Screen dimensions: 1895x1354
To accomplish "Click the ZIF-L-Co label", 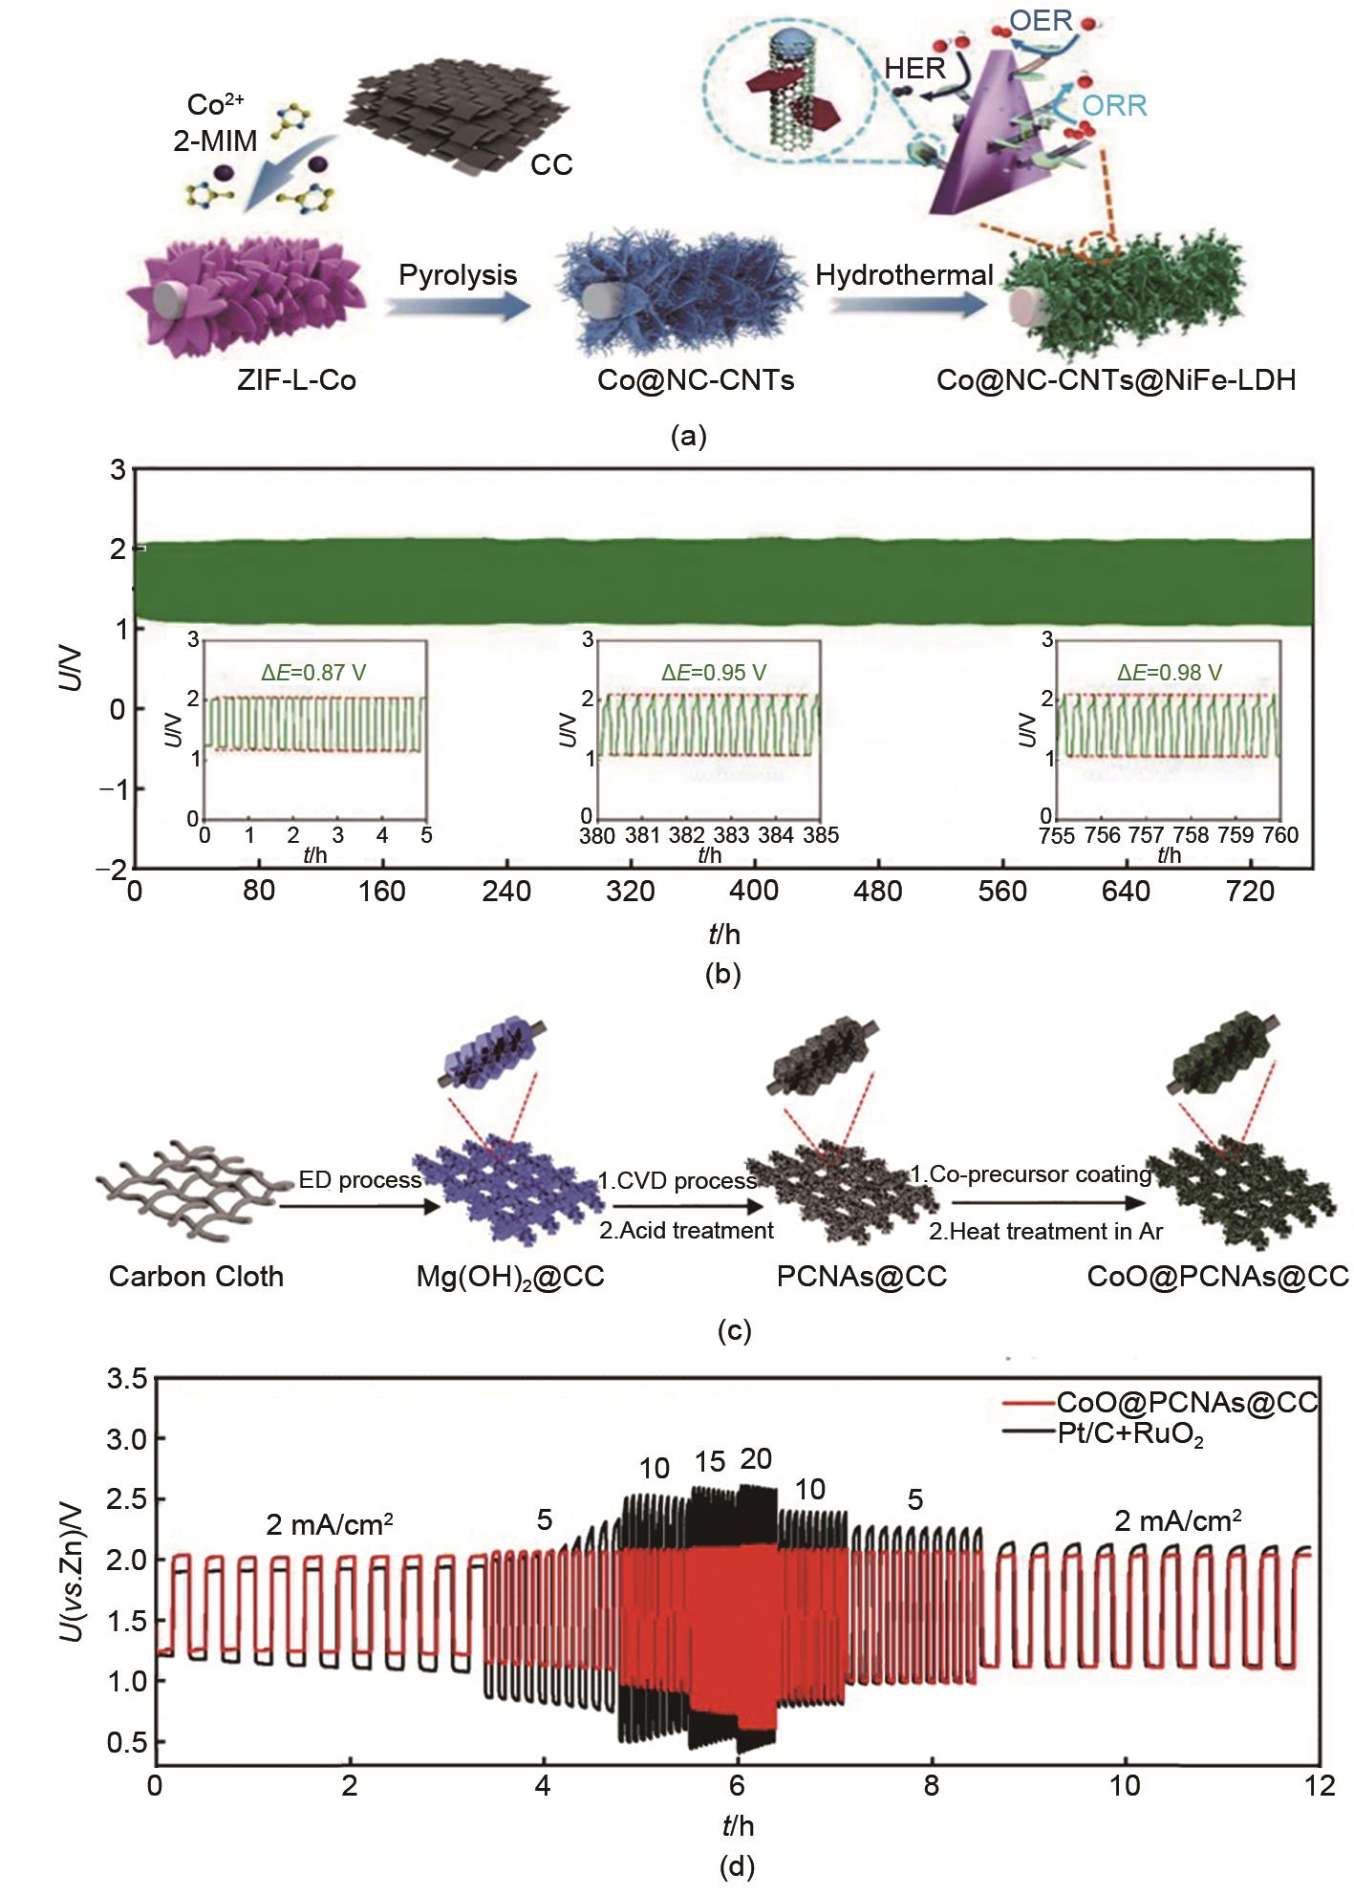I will click(x=296, y=380).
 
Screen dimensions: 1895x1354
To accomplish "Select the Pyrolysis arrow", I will click(x=457, y=306).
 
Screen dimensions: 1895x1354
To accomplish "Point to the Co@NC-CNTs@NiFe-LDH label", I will click(x=1115, y=380).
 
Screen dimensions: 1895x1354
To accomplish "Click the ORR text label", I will click(x=1114, y=105).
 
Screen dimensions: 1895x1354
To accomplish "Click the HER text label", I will click(x=914, y=68).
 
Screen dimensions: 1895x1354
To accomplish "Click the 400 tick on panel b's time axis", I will click(x=754, y=892).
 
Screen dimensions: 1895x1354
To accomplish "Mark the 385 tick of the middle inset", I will click(x=820, y=835).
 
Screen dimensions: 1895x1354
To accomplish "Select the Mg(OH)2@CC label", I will click(x=510, y=1277).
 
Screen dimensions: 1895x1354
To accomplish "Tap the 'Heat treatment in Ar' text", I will click(x=1045, y=1232).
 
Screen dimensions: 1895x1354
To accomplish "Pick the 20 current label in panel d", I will click(x=755, y=1459).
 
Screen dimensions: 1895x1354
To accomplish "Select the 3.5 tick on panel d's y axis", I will click(x=126, y=1379).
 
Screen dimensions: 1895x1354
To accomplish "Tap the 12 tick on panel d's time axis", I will click(x=1321, y=1785).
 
